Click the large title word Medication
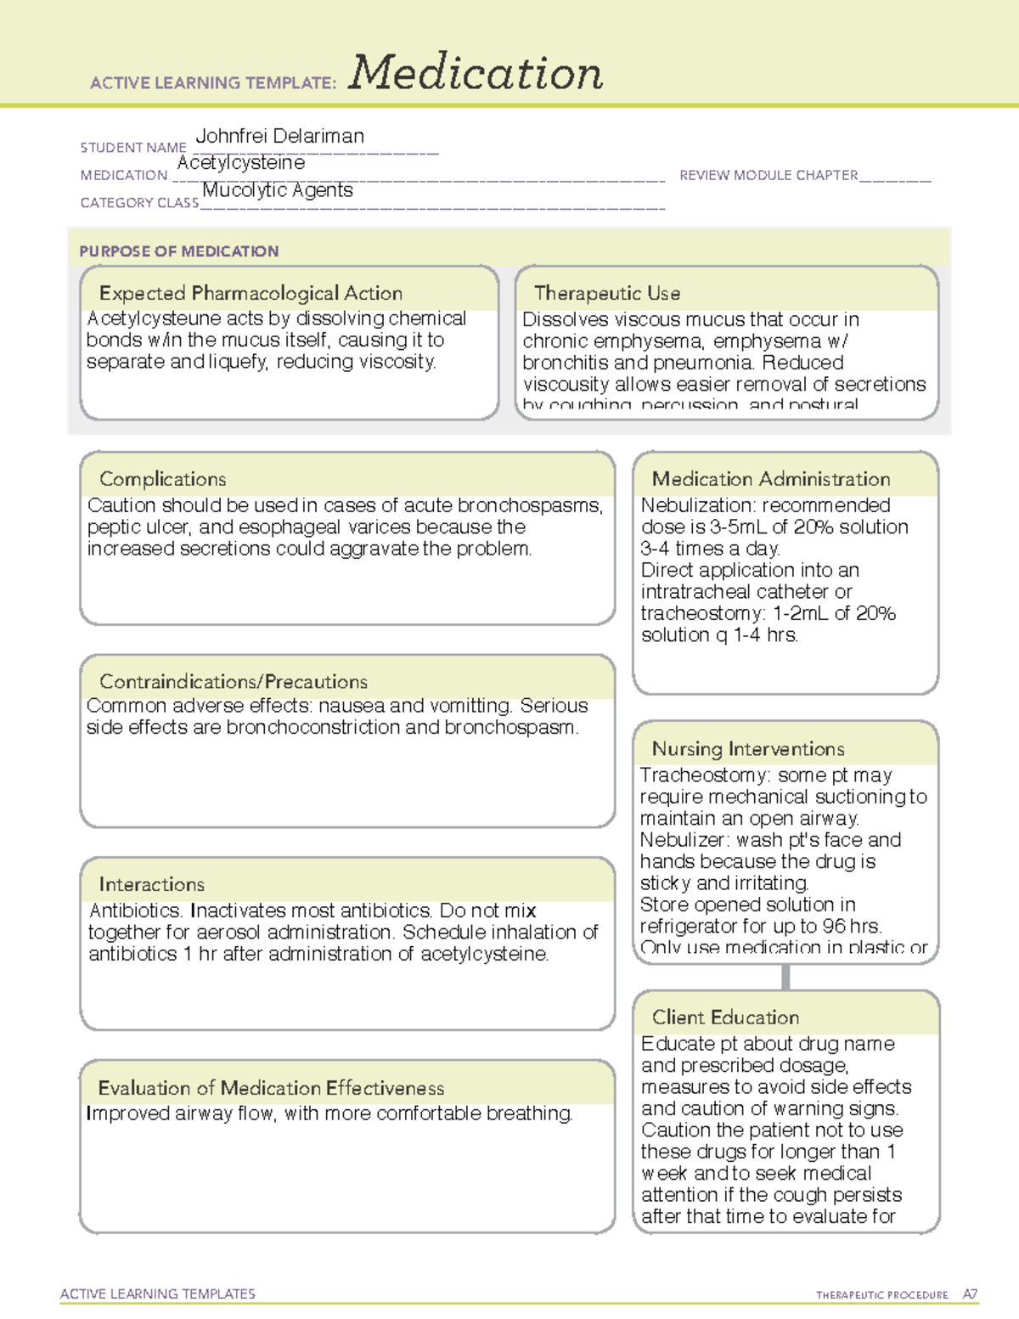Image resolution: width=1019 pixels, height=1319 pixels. coord(476,73)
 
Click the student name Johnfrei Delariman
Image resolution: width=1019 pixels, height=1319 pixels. coord(279,136)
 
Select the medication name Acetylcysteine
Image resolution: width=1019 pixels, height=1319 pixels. coord(240,162)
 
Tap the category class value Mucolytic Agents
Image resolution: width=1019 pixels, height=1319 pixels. coord(277,190)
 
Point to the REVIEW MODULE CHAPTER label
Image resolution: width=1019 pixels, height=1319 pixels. coord(768,175)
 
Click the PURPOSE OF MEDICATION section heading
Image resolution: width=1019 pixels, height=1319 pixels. coord(178,251)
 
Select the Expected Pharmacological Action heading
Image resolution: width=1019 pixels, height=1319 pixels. coord(251,293)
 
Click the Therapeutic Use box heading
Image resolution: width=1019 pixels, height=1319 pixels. coord(606,293)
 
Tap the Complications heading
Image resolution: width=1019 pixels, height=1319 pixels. coord(162,479)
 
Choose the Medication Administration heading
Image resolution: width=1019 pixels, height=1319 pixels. coord(770,479)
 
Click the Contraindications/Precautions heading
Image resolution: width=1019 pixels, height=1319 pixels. coord(233,682)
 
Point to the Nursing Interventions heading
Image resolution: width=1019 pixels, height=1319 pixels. coord(747,749)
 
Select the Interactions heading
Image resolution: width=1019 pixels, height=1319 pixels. coord(151,884)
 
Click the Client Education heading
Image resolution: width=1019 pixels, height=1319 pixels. coord(725,1017)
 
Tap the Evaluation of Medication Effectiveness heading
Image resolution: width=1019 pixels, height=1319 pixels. coord(271,1088)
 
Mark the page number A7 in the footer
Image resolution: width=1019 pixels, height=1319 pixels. coord(970,1294)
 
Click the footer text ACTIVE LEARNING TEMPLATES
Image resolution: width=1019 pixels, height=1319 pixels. coord(157,1294)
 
